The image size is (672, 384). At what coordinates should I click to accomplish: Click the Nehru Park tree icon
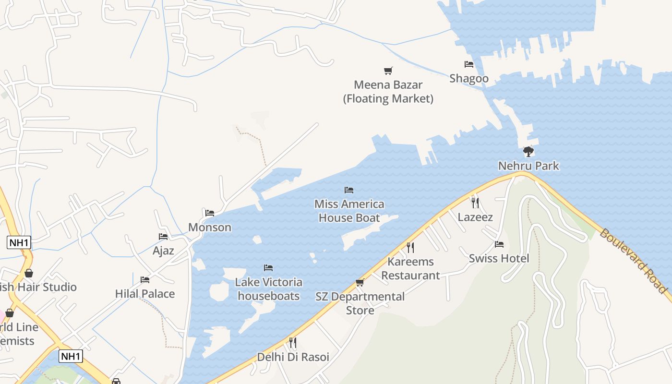coord(528,152)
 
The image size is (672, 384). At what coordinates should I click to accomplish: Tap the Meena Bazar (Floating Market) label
coord(388,92)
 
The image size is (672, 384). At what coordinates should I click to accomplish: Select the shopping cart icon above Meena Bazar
coord(388,71)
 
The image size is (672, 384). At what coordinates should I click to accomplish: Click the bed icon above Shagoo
coord(469,64)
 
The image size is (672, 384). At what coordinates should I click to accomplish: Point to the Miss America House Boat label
coord(349,211)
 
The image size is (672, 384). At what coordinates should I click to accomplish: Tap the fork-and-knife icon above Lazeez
coord(475,203)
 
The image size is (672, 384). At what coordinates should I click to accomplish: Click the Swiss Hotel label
coord(499,258)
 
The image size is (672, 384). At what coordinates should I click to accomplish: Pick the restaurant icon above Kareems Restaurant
coord(410,248)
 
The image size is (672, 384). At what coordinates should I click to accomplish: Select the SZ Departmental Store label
coord(360,303)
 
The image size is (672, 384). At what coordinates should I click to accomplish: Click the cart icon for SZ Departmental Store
coord(360,283)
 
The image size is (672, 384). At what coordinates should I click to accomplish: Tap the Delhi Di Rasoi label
coord(293,357)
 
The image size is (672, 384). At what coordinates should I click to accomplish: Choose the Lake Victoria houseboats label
coord(269,289)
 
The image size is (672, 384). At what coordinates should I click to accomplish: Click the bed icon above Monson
coord(210,213)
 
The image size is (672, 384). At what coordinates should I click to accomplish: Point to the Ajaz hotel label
coord(163,251)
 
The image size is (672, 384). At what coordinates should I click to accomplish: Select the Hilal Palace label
coord(145,294)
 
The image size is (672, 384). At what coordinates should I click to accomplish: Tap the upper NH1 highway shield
coord(19,242)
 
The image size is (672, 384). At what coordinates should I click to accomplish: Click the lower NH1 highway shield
coord(71,356)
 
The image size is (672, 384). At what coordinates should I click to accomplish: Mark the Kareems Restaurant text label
coord(410,269)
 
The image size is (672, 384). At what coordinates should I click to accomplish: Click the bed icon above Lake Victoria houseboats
coord(268,268)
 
